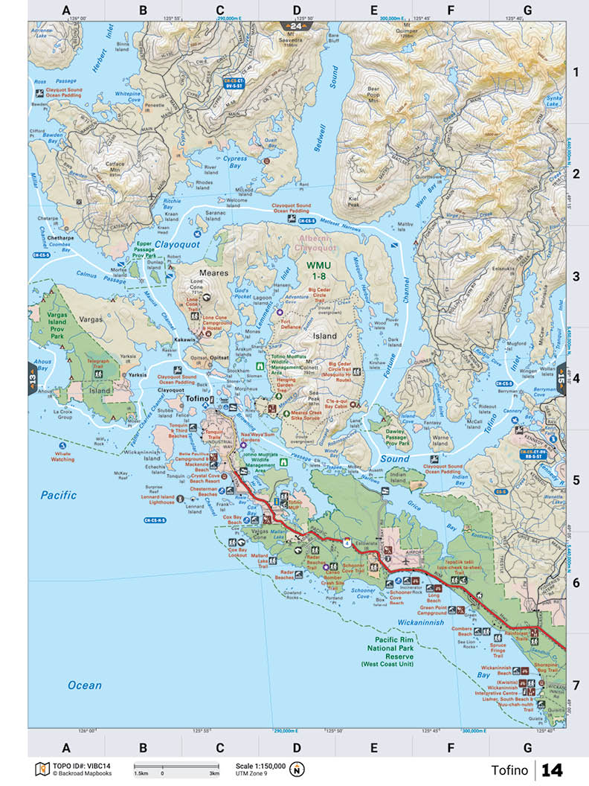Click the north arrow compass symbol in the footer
point(297,769)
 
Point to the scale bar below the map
point(176,766)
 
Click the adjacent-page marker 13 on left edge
point(33,366)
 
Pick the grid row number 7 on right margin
point(574,683)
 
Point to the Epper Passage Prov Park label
point(144,250)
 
